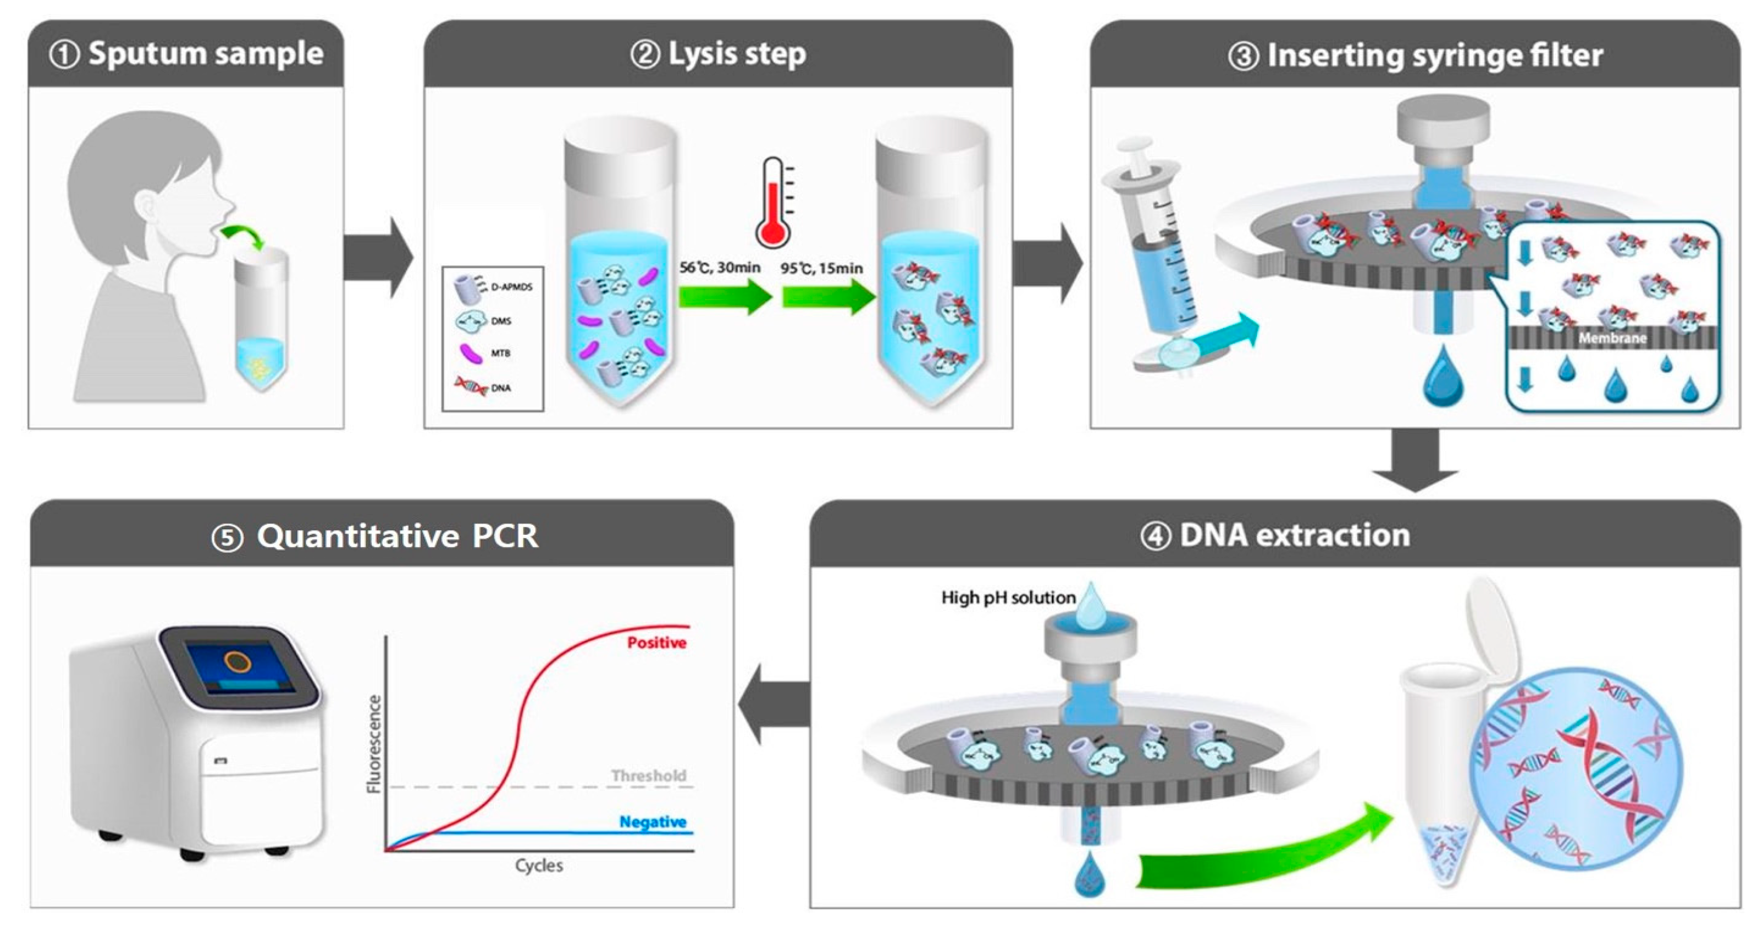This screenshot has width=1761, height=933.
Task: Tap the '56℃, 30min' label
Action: pyautogui.click(x=720, y=268)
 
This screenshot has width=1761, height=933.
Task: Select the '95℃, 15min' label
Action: pyautogui.click(x=822, y=268)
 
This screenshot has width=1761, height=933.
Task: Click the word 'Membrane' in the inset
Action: pyautogui.click(x=1612, y=338)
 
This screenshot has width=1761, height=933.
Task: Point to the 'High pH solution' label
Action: pyautogui.click(x=1008, y=598)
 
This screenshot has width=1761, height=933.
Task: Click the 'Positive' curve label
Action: pyautogui.click(x=656, y=642)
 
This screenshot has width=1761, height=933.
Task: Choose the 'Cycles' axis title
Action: pyautogui.click(x=539, y=866)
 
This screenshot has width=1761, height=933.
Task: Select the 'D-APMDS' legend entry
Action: pyautogui.click(x=511, y=287)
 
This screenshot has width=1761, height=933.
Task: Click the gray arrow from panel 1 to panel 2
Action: pyautogui.click(x=378, y=258)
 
